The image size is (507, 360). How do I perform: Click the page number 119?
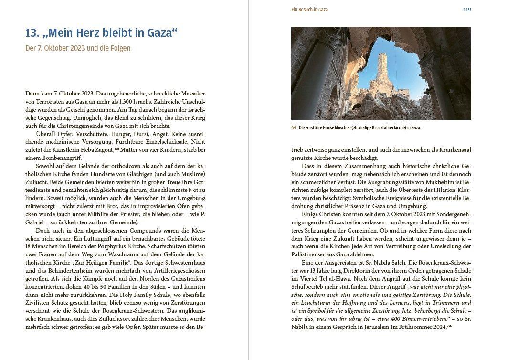(467, 10)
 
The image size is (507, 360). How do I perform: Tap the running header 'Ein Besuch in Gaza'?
(309, 10)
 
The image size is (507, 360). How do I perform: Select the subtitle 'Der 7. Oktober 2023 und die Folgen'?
(78, 48)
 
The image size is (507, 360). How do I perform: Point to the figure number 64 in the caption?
(294, 128)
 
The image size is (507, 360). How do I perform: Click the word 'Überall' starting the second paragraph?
(44, 133)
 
